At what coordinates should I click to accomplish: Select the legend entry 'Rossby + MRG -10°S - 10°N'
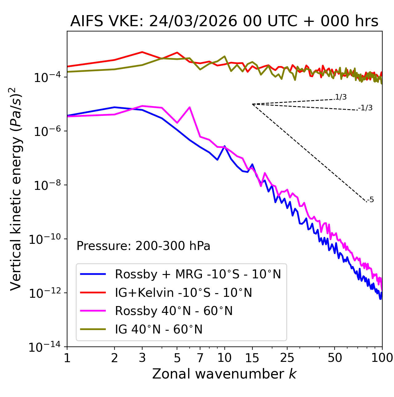(x=198, y=274)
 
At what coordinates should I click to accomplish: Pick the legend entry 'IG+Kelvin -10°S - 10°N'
(x=183, y=293)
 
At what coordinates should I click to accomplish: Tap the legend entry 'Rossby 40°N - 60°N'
(x=174, y=311)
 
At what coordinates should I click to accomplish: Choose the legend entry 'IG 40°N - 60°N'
(x=159, y=329)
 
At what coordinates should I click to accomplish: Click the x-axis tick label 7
(x=200, y=358)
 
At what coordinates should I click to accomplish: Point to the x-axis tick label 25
(x=287, y=358)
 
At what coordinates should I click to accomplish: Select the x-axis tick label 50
(x=335, y=358)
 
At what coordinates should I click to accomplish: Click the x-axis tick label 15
(x=252, y=358)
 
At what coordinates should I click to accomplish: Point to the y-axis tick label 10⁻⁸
(x=46, y=186)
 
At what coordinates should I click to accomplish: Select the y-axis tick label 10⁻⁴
(x=46, y=78)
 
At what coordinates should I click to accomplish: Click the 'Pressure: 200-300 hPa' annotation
(x=143, y=246)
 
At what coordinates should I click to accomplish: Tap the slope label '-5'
(x=370, y=200)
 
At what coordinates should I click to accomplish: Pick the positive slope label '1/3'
(x=341, y=97)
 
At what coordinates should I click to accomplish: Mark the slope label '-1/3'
(x=365, y=108)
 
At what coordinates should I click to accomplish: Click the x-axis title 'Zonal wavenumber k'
(x=224, y=374)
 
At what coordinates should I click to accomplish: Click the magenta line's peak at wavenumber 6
(x=190, y=107)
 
